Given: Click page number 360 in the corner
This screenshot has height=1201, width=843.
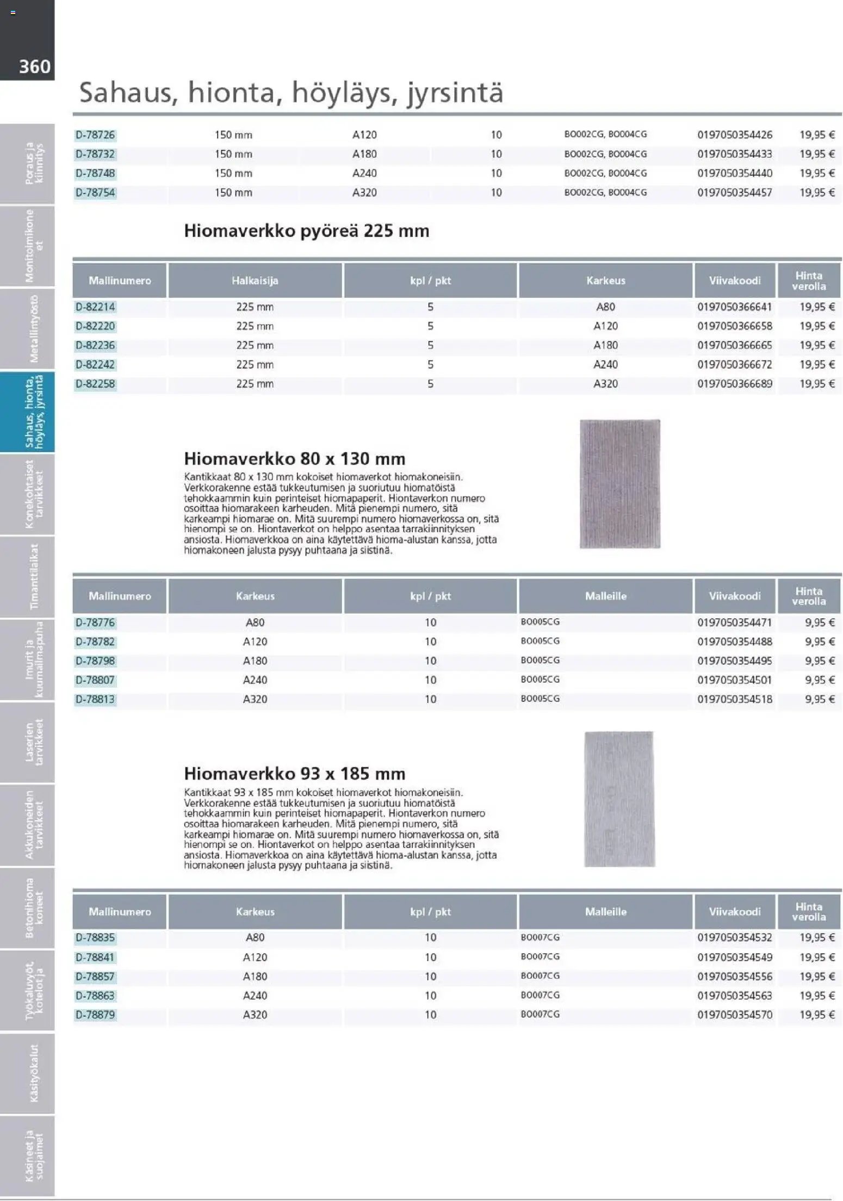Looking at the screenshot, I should [34, 66].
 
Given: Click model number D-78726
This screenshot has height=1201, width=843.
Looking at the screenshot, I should [95, 135].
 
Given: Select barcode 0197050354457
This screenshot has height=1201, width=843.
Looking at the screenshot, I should [734, 192].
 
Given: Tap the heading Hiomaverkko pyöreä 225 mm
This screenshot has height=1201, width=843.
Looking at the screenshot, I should [306, 231].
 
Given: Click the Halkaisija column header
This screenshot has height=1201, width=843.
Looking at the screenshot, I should [255, 281].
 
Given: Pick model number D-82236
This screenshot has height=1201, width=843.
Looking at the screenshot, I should [95, 345].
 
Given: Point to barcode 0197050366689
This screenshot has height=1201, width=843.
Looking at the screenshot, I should [734, 384].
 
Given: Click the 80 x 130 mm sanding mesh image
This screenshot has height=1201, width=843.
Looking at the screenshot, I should [619, 483].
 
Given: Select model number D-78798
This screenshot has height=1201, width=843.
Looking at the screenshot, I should [95, 661].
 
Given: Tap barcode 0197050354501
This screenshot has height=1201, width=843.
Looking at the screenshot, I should [734, 680].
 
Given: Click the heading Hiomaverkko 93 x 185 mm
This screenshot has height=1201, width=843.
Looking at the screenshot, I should [294, 773].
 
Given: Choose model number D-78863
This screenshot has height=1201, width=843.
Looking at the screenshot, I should [95, 995].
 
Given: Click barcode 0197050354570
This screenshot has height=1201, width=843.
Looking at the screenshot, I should [734, 1015].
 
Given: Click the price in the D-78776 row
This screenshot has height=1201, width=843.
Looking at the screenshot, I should [819, 623].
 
